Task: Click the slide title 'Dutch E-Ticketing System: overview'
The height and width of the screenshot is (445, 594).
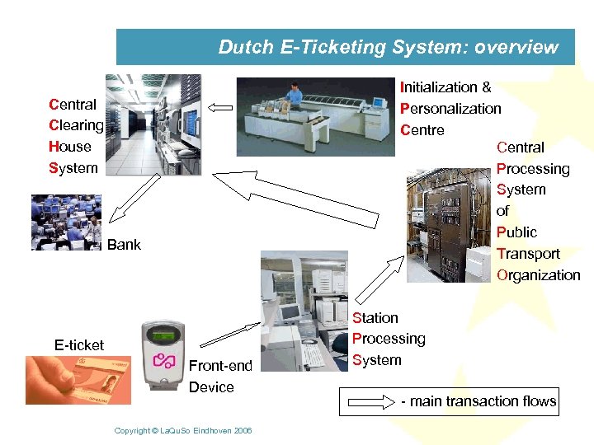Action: (388, 47)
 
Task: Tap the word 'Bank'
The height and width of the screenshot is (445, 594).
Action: (124, 245)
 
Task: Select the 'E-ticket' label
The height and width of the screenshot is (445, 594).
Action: (79, 345)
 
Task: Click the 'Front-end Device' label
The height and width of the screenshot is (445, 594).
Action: (220, 376)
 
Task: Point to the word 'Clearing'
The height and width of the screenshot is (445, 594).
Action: (76, 126)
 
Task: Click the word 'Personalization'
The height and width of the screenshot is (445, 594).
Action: (450, 109)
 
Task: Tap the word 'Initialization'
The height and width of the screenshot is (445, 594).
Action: (438, 87)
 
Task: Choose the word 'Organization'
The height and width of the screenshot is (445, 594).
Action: (538, 275)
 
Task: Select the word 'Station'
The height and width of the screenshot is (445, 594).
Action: (375, 318)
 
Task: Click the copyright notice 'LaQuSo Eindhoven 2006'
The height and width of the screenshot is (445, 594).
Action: (183, 431)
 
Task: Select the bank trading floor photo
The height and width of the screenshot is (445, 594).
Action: (66, 222)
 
